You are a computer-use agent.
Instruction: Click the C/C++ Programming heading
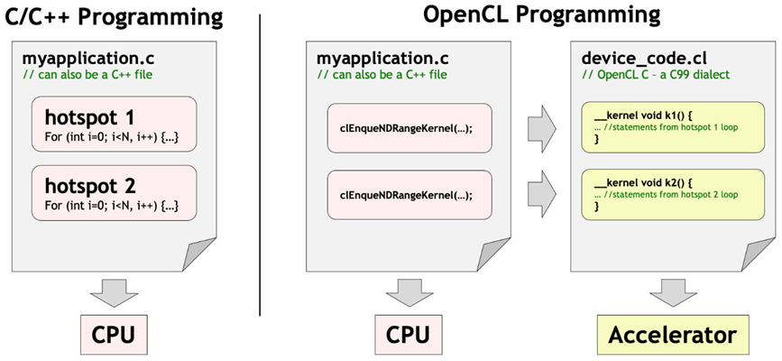point(114,17)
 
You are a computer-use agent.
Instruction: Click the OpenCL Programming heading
point(541,16)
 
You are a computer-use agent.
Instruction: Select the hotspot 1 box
point(115,124)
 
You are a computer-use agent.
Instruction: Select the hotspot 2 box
point(115,193)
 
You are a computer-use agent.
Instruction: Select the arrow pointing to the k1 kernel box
point(541,128)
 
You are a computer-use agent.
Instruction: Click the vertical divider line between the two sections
point(260,165)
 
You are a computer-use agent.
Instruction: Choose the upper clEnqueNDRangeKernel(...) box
point(409,128)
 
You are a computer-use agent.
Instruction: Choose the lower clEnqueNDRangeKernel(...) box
point(409,196)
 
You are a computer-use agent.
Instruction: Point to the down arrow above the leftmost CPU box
point(115,293)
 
